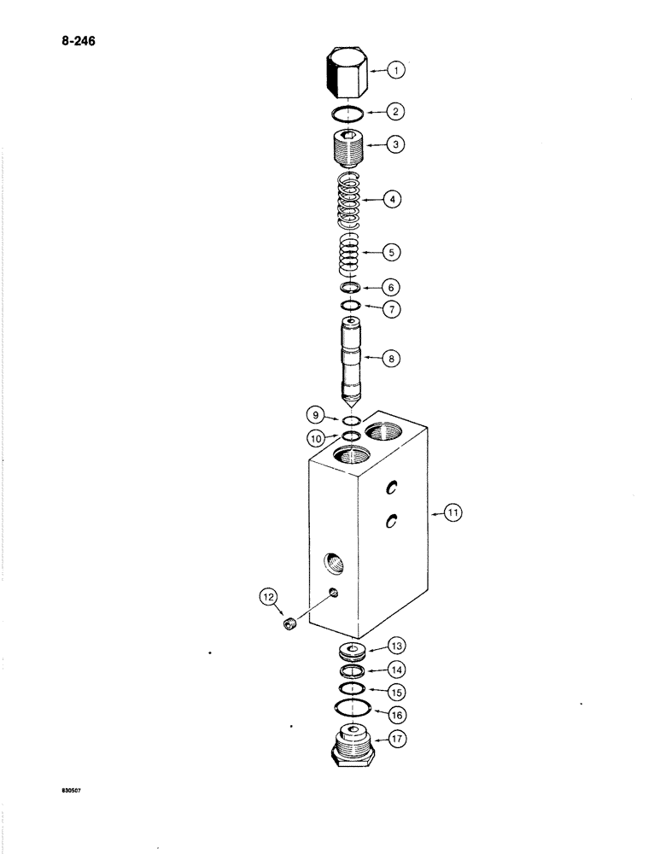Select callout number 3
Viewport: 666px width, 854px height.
tap(395, 145)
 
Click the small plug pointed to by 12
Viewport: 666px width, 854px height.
tap(289, 628)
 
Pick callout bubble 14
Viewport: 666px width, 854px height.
tap(397, 670)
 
